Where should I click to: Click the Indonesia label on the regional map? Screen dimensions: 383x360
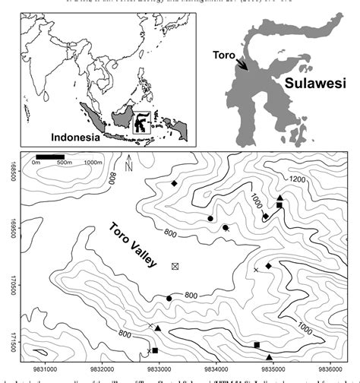tap(75, 138)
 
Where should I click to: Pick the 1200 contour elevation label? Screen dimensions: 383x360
tap(295, 179)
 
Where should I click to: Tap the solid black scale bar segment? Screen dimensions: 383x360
tap(50, 157)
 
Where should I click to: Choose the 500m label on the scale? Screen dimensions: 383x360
tap(64, 163)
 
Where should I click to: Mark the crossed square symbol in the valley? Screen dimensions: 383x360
tap(176, 266)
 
